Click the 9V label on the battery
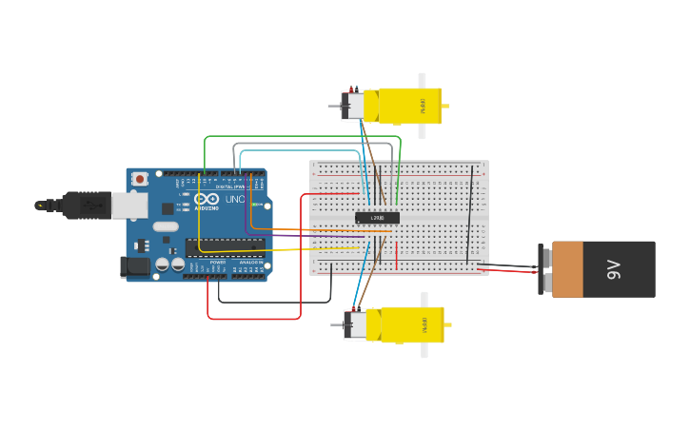[x=615, y=269]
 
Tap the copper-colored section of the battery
[x=567, y=269]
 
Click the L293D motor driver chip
[x=377, y=218]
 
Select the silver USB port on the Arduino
[x=128, y=205]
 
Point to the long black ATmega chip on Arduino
[x=226, y=247]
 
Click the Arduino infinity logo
[x=207, y=200]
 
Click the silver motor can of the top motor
[x=353, y=106]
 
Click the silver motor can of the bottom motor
[x=355, y=324]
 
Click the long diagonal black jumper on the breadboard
[x=469, y=214]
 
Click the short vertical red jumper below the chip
[x=397, y=255]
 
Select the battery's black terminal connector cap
[x=544, y=269]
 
